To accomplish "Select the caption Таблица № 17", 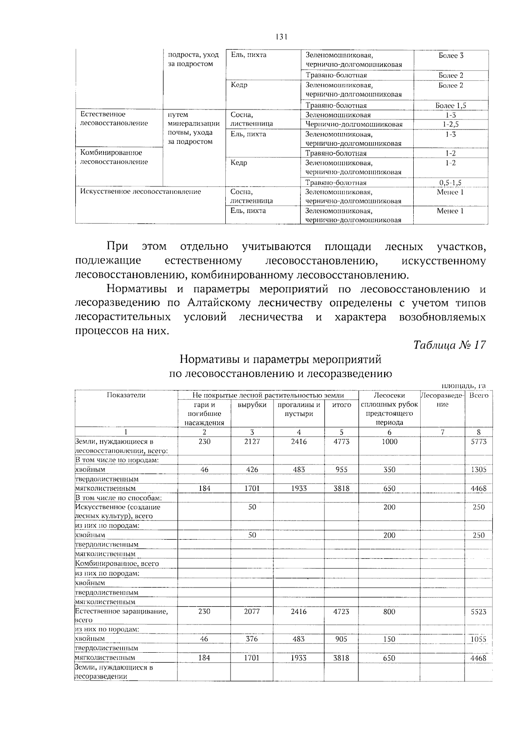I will [x=449, y=345].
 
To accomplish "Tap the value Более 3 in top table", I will [x=451, y=56].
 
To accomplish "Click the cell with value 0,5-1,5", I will [x=451, y=183].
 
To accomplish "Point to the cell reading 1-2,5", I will [x=451, y=125].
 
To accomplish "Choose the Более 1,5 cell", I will [x=451, y=106].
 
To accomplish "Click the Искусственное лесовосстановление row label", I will [x=141, y=192].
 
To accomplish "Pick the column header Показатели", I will [x=126, y=395].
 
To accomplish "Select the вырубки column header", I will [x=252, y=405].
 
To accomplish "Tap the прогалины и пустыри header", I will [x=299, y=409].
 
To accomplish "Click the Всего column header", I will [x=478, y=395].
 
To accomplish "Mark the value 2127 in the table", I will [x=252, y=442].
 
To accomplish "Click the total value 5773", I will [x=478, y=442].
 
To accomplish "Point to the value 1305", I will [x=478, y=470].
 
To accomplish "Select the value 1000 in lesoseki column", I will [x=389, y=442].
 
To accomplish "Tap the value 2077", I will [x=252, y=611].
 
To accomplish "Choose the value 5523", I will [x=478, y=611].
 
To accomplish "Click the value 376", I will [x=252, y=639].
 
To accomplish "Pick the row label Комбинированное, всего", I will [x=117, y=564].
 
